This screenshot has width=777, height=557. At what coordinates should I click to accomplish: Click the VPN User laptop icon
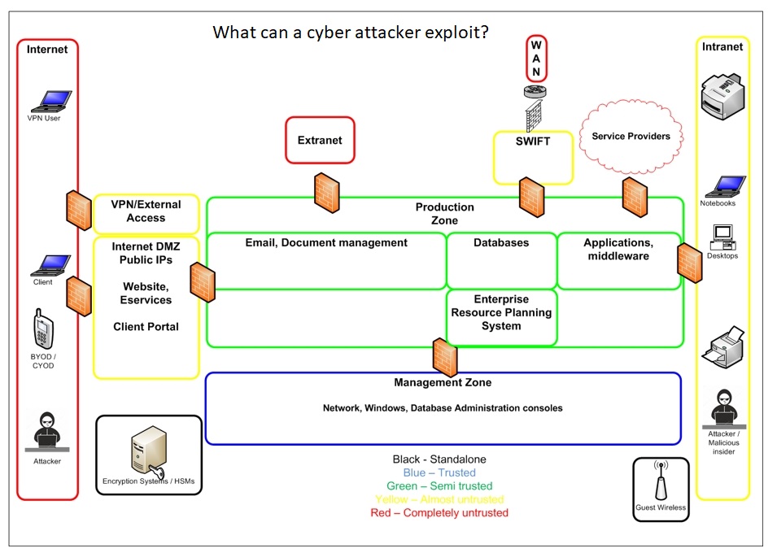50,101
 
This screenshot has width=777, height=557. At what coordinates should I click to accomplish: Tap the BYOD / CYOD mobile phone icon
43,329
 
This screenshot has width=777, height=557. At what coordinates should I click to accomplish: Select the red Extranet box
320,140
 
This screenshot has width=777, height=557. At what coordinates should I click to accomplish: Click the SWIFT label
533,141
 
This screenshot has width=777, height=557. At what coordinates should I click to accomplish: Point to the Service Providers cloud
631,137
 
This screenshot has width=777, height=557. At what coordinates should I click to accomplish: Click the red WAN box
536,59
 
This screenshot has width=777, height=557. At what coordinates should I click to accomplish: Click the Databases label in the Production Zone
501,242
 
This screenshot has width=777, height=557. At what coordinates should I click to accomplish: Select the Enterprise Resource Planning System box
501,313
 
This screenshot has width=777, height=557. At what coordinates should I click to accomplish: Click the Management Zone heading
443,382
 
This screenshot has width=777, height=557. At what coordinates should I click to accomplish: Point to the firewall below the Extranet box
326,192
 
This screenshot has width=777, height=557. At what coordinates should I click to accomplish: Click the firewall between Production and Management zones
445,357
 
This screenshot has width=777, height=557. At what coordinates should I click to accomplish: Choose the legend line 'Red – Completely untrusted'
439,513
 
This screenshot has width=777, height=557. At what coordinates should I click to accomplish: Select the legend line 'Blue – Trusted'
439,472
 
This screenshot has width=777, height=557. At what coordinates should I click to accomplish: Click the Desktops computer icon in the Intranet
722,237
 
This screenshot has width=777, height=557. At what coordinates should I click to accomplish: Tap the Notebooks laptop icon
721,186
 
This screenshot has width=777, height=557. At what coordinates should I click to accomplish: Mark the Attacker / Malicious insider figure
723,408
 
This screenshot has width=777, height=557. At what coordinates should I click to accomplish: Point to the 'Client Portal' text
146,327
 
